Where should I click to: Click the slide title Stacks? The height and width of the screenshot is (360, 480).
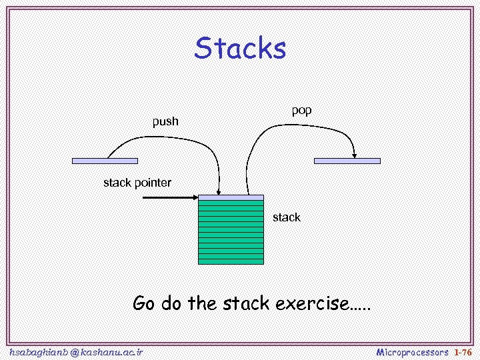click(x=241, y=49)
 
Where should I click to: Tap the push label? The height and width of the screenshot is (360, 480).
click(x=165, y=121)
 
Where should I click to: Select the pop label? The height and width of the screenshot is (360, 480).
click(x=301, y=110)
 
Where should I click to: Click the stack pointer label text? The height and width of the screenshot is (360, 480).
click(x=137, y=183)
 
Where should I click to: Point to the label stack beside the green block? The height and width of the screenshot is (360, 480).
click(x=286, y=217)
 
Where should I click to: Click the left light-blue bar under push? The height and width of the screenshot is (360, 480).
click(x=105, y=161)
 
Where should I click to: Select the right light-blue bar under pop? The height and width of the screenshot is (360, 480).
click(x=347, y=161)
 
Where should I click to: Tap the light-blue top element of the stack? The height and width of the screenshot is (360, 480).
click(x=231, y=197)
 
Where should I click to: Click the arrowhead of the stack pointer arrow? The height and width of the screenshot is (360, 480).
click(x=195, y=197)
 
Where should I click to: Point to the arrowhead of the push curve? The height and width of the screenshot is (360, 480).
click(x=219, y=191)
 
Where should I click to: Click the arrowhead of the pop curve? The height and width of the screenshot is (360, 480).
click(x=355, y=154)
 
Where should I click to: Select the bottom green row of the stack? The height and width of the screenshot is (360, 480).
click(x=231, y=260)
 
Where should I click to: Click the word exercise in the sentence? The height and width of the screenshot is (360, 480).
click(x=312, y=304)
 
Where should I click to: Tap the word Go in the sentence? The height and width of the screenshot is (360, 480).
click(x=143, y=304)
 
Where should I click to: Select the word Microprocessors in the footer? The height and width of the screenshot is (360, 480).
click(x=412, y=351)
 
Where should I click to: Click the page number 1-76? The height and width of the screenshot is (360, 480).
click(x=463, y=351)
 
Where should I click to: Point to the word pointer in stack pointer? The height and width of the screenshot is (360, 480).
click(x=153, y=183)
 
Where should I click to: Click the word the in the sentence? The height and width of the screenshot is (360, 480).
click(x=202, y=304)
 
